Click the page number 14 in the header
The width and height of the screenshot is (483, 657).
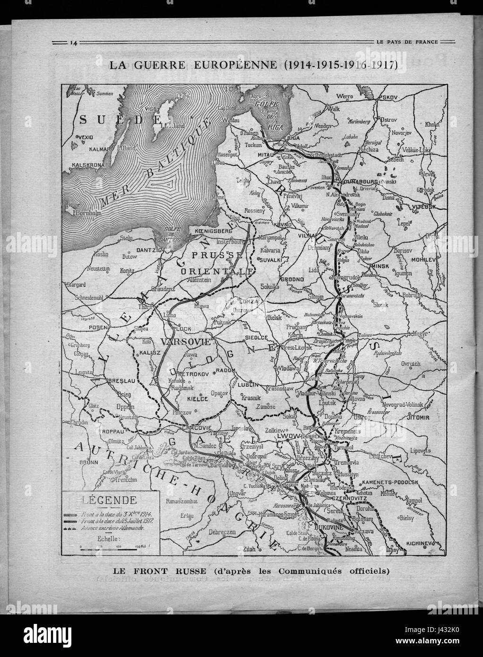[73, 43]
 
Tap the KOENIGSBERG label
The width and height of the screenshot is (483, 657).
[212, 231]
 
